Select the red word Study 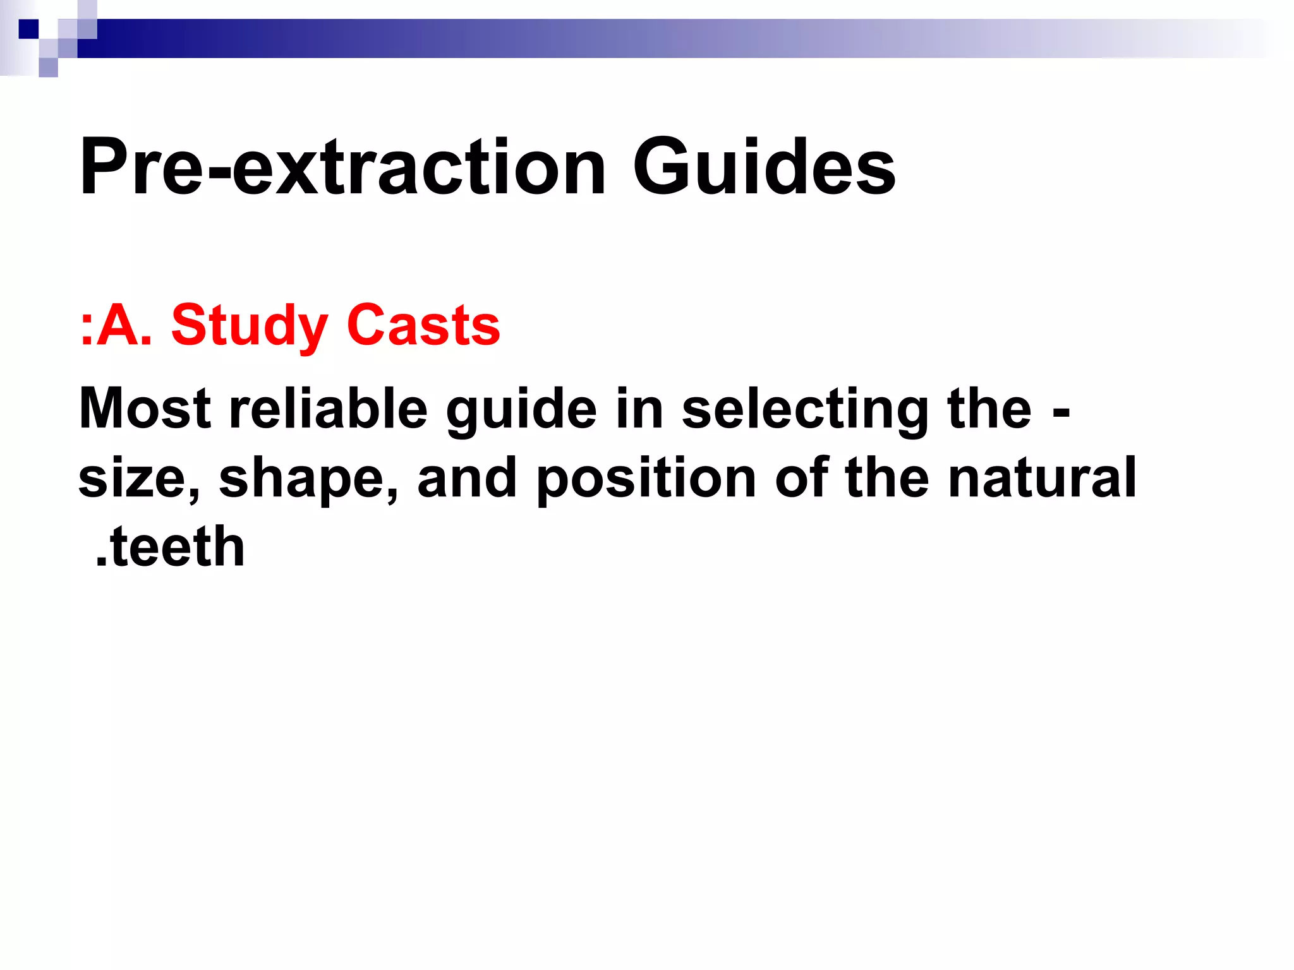(x=249, y=326)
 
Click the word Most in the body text (x=145, y=409)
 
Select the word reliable (x=328, y=409)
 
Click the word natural (x=1042, y=477)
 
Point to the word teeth (x=177, y=547)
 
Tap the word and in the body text (x=467, y=477)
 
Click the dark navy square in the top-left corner (x=28, y=29)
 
